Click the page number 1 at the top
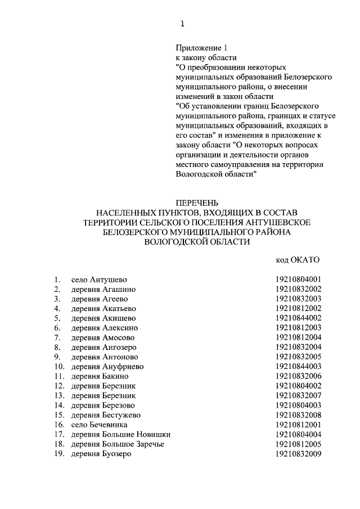coord(181,23)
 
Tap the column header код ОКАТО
coord(298,260)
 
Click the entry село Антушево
coord(99,280)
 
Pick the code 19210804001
coord(298,280)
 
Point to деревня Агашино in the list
coord(103,289)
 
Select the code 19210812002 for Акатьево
coord(298,309)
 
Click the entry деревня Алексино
coord(104,328)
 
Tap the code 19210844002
coord(298,318)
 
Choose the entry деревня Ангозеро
coord(104,348)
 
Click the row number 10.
coord(57,367)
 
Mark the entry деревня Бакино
coord(100,376)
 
